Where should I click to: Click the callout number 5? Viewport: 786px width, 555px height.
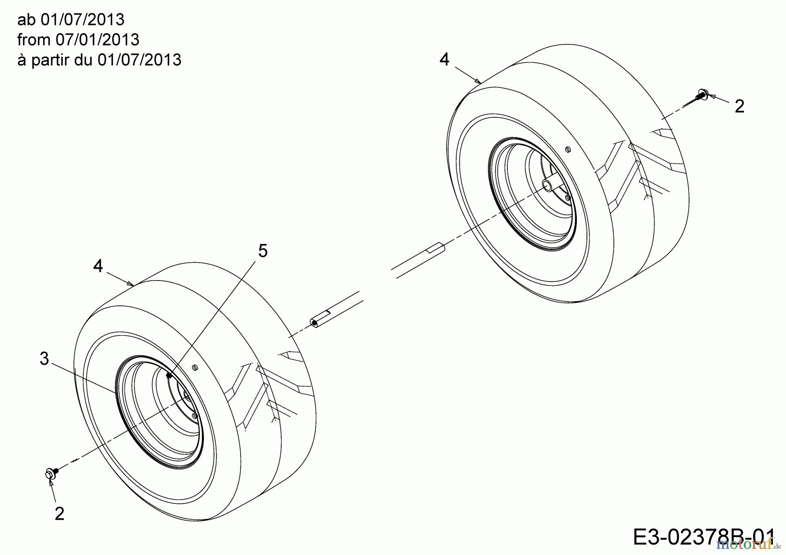(262, 251)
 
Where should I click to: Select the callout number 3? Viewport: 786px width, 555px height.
(44, 359)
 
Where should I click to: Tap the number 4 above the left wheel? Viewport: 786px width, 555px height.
(98, 266)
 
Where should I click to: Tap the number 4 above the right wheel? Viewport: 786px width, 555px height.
(444, 59)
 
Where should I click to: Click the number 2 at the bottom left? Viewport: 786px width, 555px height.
(59, 514)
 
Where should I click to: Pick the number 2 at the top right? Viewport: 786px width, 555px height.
(739, 106)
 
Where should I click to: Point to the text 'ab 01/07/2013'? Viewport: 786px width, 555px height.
(71, 20)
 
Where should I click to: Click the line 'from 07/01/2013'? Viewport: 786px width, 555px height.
(78, 40)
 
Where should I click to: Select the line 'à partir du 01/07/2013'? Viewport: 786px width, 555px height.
(99, 59)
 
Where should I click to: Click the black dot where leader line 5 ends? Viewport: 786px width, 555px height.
(169, 375)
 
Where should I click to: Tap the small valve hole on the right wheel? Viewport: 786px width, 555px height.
(567, 149)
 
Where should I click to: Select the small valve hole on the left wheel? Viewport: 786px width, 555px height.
(195, 368)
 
